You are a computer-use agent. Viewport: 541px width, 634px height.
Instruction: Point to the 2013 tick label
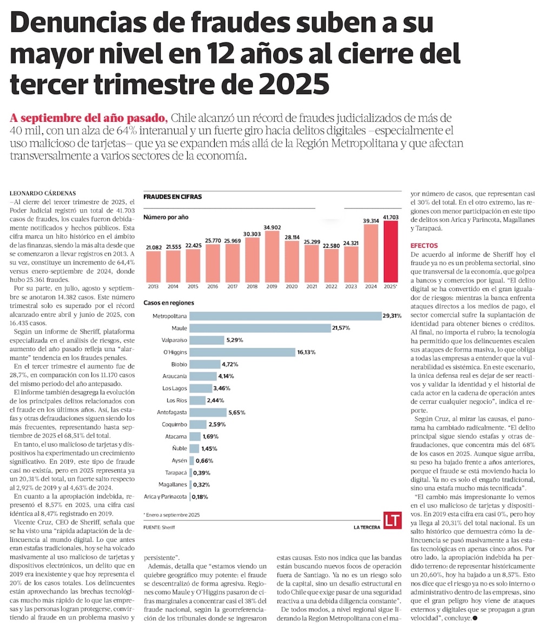[154, 286]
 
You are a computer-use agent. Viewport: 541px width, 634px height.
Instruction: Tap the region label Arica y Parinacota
[166, 497]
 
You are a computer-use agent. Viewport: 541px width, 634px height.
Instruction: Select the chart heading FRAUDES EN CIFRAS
[173, 197]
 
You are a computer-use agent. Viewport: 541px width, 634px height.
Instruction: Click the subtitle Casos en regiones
[169, 303]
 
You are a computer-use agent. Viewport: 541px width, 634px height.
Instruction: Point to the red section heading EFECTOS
[424, 246]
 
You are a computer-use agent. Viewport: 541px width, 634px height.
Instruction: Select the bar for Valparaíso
[207, 340]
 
